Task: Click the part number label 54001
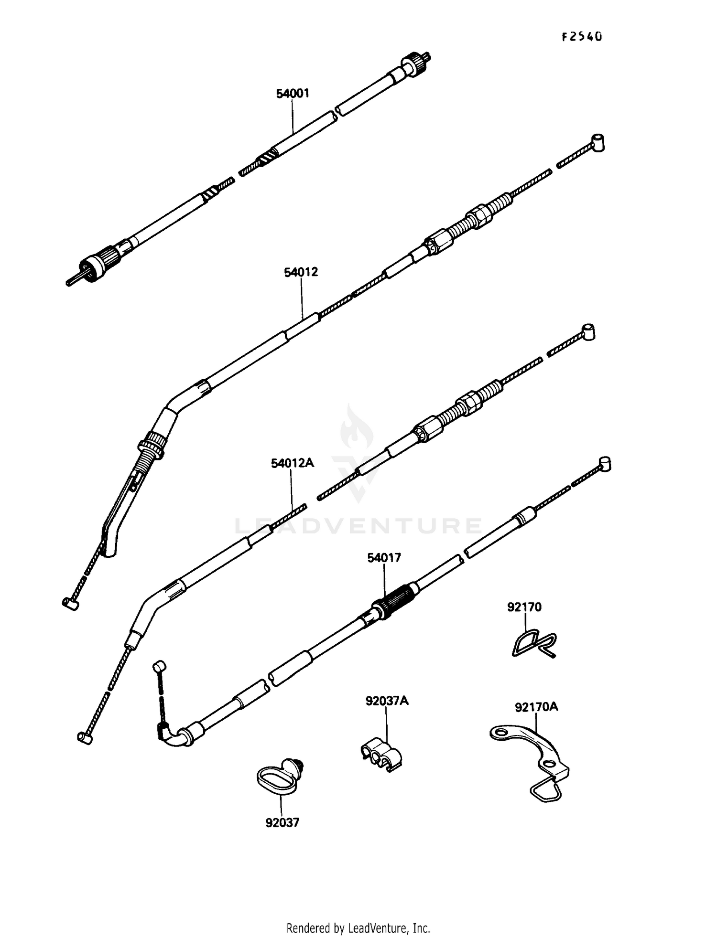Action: point(293,94)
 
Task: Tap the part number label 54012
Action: point(301,272)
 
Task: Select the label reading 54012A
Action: point(293,463)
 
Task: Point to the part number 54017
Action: point(384,558)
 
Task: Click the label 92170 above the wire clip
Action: point(524,607)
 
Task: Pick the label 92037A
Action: point(387,701)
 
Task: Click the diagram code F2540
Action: point(581,37)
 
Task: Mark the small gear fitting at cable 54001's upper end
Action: point(410,62)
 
